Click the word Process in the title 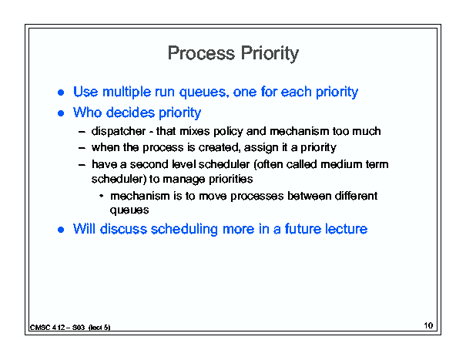point(201,53)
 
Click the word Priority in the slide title point(270,54)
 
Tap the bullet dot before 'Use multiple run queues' point(61,93)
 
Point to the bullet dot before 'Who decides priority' point(61,113)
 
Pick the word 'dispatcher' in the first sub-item point(119,131)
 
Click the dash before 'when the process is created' point(82,148)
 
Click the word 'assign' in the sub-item point(260,148)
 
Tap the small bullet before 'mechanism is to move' point(102,196)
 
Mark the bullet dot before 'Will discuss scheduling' point(61,230)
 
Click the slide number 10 point(428,325)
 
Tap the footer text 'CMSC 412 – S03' point(57,328)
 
